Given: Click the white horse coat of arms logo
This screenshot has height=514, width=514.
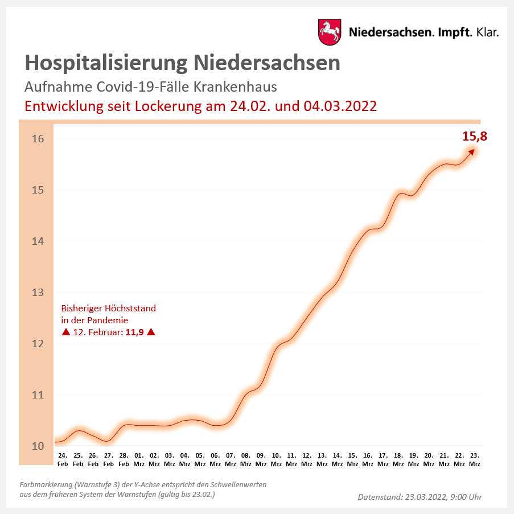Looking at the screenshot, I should pos(329,32).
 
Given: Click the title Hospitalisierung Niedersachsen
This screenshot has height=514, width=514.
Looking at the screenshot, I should pos(183,63).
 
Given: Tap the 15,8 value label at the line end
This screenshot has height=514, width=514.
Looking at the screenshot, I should pos(475,137).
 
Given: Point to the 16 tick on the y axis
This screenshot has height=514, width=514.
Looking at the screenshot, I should pos(38,139).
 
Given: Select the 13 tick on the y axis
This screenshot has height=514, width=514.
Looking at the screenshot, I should pos(38,293).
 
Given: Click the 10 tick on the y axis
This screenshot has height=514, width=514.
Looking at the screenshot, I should pos(38,446).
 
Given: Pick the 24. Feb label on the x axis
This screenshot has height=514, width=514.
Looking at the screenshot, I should pos(63,459).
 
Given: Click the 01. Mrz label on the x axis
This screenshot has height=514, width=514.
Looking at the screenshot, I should pos(139,459).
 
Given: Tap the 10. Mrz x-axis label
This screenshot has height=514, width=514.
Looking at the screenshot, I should pos(276,459).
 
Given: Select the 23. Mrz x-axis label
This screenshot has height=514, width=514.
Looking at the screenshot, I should pos(474,459).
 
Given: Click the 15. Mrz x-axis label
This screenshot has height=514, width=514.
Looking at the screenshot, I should pos(352,459).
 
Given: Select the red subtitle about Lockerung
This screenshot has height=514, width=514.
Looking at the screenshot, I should pos(200,106).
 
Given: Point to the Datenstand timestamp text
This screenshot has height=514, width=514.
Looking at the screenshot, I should pos(420,497).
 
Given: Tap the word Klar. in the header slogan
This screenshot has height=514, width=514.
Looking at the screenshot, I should pos(487,32).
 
